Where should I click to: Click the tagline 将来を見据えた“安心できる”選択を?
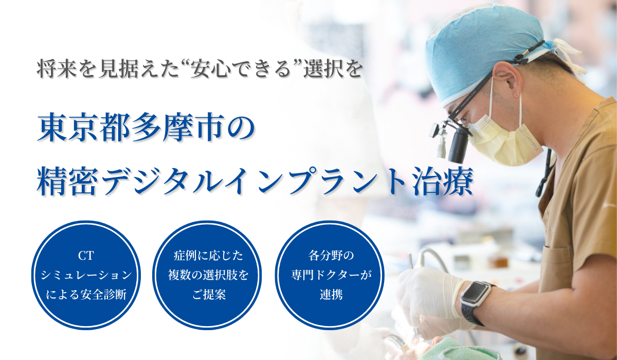[x=199, y=69]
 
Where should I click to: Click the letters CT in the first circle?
[x=86, y=256]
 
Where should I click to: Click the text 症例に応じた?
[x=208, y=256]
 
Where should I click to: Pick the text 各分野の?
[x=331, y=256]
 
